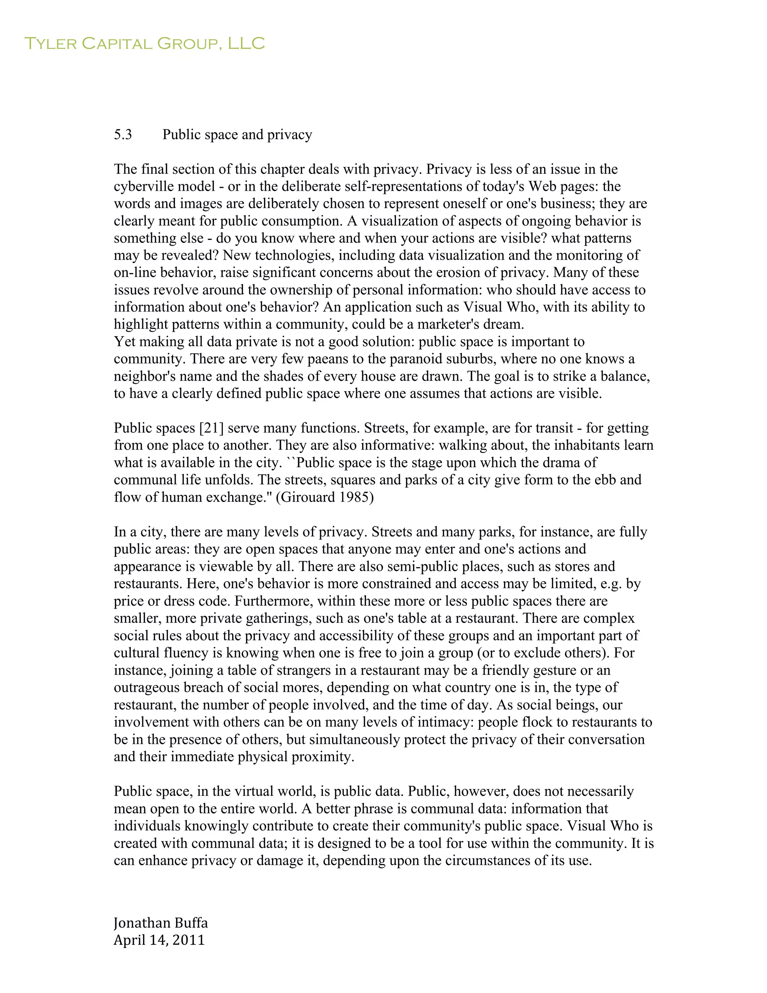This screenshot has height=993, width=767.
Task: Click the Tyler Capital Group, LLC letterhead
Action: [x=145, y=43]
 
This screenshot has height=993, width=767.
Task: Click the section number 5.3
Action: [x=123, y=135]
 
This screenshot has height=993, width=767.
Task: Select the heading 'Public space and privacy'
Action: [x=237, y=135]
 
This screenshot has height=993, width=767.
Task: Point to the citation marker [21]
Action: [x=211, y=428]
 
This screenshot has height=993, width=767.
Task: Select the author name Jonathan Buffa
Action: [x=160, y=923]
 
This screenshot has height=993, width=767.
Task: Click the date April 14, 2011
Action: [x=159, y=940]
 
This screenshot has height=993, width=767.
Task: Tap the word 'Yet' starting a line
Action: [x=124, y=341]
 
